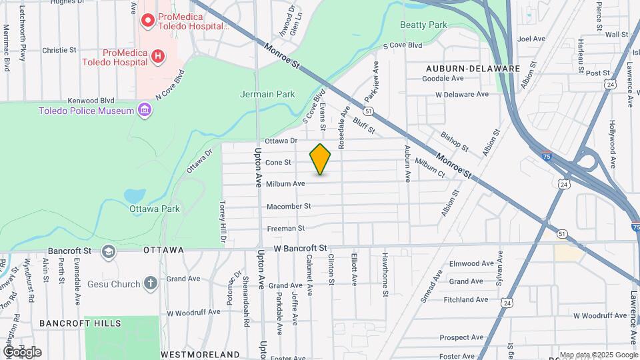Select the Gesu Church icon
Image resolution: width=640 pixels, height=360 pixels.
(151, 284)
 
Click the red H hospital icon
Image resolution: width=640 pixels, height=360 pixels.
(157, 57)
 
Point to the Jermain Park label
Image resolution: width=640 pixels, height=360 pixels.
(267, 95)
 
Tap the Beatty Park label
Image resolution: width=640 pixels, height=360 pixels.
(423, 25)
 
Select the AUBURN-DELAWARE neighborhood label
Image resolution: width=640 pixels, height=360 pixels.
(473, 68)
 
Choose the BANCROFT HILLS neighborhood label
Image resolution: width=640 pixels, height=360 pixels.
(80, 323)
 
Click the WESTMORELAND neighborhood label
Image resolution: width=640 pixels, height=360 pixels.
(200, 353)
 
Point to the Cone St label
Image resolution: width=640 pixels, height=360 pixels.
(279, 163)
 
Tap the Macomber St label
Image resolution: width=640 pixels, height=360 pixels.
(289, 207)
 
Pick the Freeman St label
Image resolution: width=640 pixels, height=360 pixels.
(285, 228)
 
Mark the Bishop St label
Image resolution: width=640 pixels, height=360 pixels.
(455, 141)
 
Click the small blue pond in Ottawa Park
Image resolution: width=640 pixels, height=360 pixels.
(135, 196)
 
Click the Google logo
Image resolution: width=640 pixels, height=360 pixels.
(23, 352)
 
